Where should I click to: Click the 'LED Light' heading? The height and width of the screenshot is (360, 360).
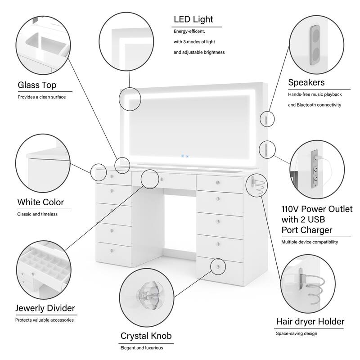point(193,19)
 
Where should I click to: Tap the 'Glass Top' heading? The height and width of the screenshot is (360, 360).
point(37,85)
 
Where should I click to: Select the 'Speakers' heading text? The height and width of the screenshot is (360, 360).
point(306,82)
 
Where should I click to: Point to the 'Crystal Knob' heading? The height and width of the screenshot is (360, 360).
point(146,336)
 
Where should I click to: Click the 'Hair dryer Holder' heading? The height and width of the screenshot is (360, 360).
point(310,322)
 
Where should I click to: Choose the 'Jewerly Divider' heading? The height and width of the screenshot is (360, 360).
point(45,308)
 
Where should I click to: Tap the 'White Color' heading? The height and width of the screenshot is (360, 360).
point(40,202)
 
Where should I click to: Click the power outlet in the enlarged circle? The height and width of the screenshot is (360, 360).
point(315,169)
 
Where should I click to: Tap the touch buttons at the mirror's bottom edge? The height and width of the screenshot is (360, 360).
point(185,157)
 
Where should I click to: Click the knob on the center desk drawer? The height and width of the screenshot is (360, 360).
point(161,180)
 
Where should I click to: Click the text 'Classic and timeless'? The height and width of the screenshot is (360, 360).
point(37,214)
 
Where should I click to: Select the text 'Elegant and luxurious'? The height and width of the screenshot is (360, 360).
point(141,348)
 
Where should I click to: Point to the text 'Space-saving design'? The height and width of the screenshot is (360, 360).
point(296,333)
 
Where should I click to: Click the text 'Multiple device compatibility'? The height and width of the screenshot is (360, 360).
point(310,242)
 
